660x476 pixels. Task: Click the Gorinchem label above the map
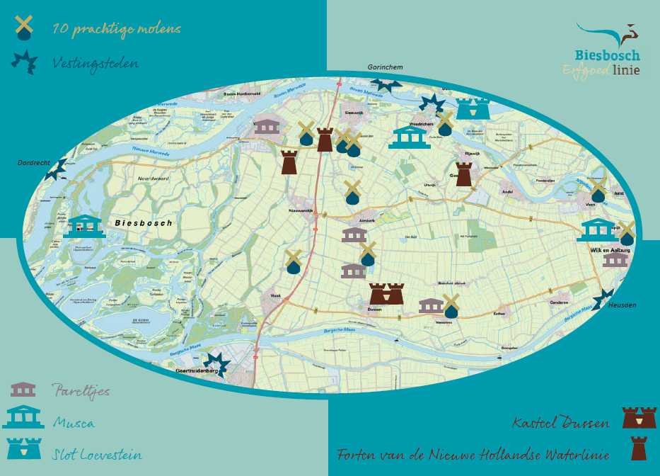tap(385, 67)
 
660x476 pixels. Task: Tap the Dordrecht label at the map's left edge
tap(33, 163)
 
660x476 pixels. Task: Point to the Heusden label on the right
tap(622, 305)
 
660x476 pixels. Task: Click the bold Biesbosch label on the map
tap(143, 223)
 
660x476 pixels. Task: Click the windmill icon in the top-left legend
tap(24, 28)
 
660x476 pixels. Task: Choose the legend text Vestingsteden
tap(95, 64)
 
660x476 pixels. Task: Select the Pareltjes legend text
tap(81, 391)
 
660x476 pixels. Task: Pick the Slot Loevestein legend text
tap(97, 454)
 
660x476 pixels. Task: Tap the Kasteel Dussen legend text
tap(561, 424)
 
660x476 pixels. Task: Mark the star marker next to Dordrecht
tap(56, 169)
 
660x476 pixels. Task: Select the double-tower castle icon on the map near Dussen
tap(386, 293)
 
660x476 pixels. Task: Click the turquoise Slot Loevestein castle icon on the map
tap(473, 108)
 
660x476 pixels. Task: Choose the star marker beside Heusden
tap(603, 299)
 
